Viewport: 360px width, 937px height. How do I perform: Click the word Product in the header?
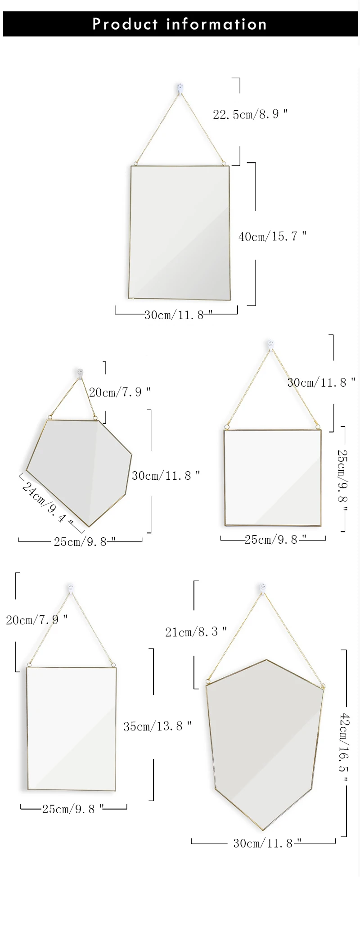click(x=125, y=24)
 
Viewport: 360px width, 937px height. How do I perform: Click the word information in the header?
click(x=216, y=24)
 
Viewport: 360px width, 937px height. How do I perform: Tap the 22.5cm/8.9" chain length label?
click(x=250, y=114)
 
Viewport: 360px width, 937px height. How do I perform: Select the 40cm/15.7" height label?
click(x=272, y=236)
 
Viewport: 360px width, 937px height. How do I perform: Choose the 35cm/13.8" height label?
click(x=157, y=726)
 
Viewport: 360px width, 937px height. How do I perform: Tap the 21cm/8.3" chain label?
click(x=196, y=632)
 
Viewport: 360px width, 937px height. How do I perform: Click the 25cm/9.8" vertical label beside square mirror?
click(x=342, y=482)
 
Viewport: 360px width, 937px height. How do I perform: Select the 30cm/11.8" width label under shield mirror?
click(x=267, y=843)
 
